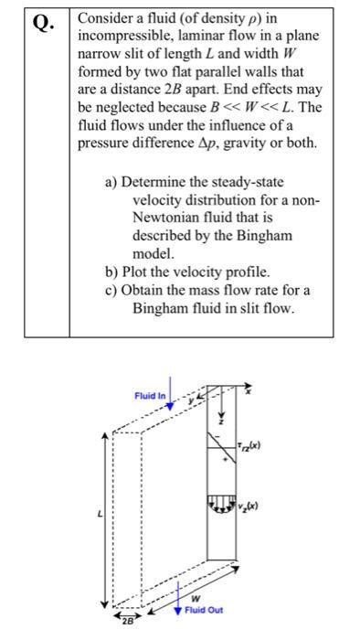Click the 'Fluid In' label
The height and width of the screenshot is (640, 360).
149,396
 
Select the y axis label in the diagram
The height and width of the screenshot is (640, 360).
190,399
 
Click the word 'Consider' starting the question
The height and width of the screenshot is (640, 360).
109,17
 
